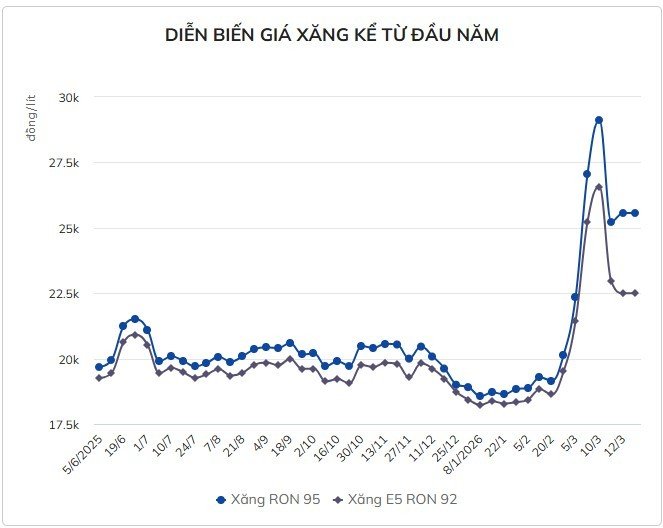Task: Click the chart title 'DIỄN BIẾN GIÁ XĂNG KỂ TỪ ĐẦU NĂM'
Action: [x=331, y=35]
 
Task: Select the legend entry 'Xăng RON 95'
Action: [x=267, y=497]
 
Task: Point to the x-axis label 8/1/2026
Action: [x=469, y=459]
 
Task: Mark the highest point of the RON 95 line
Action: [x=599, y=120]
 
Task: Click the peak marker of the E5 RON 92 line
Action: [x=599, y=187]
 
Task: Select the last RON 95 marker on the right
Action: [x=635, y=213]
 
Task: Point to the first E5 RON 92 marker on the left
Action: [x=99, y=378]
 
